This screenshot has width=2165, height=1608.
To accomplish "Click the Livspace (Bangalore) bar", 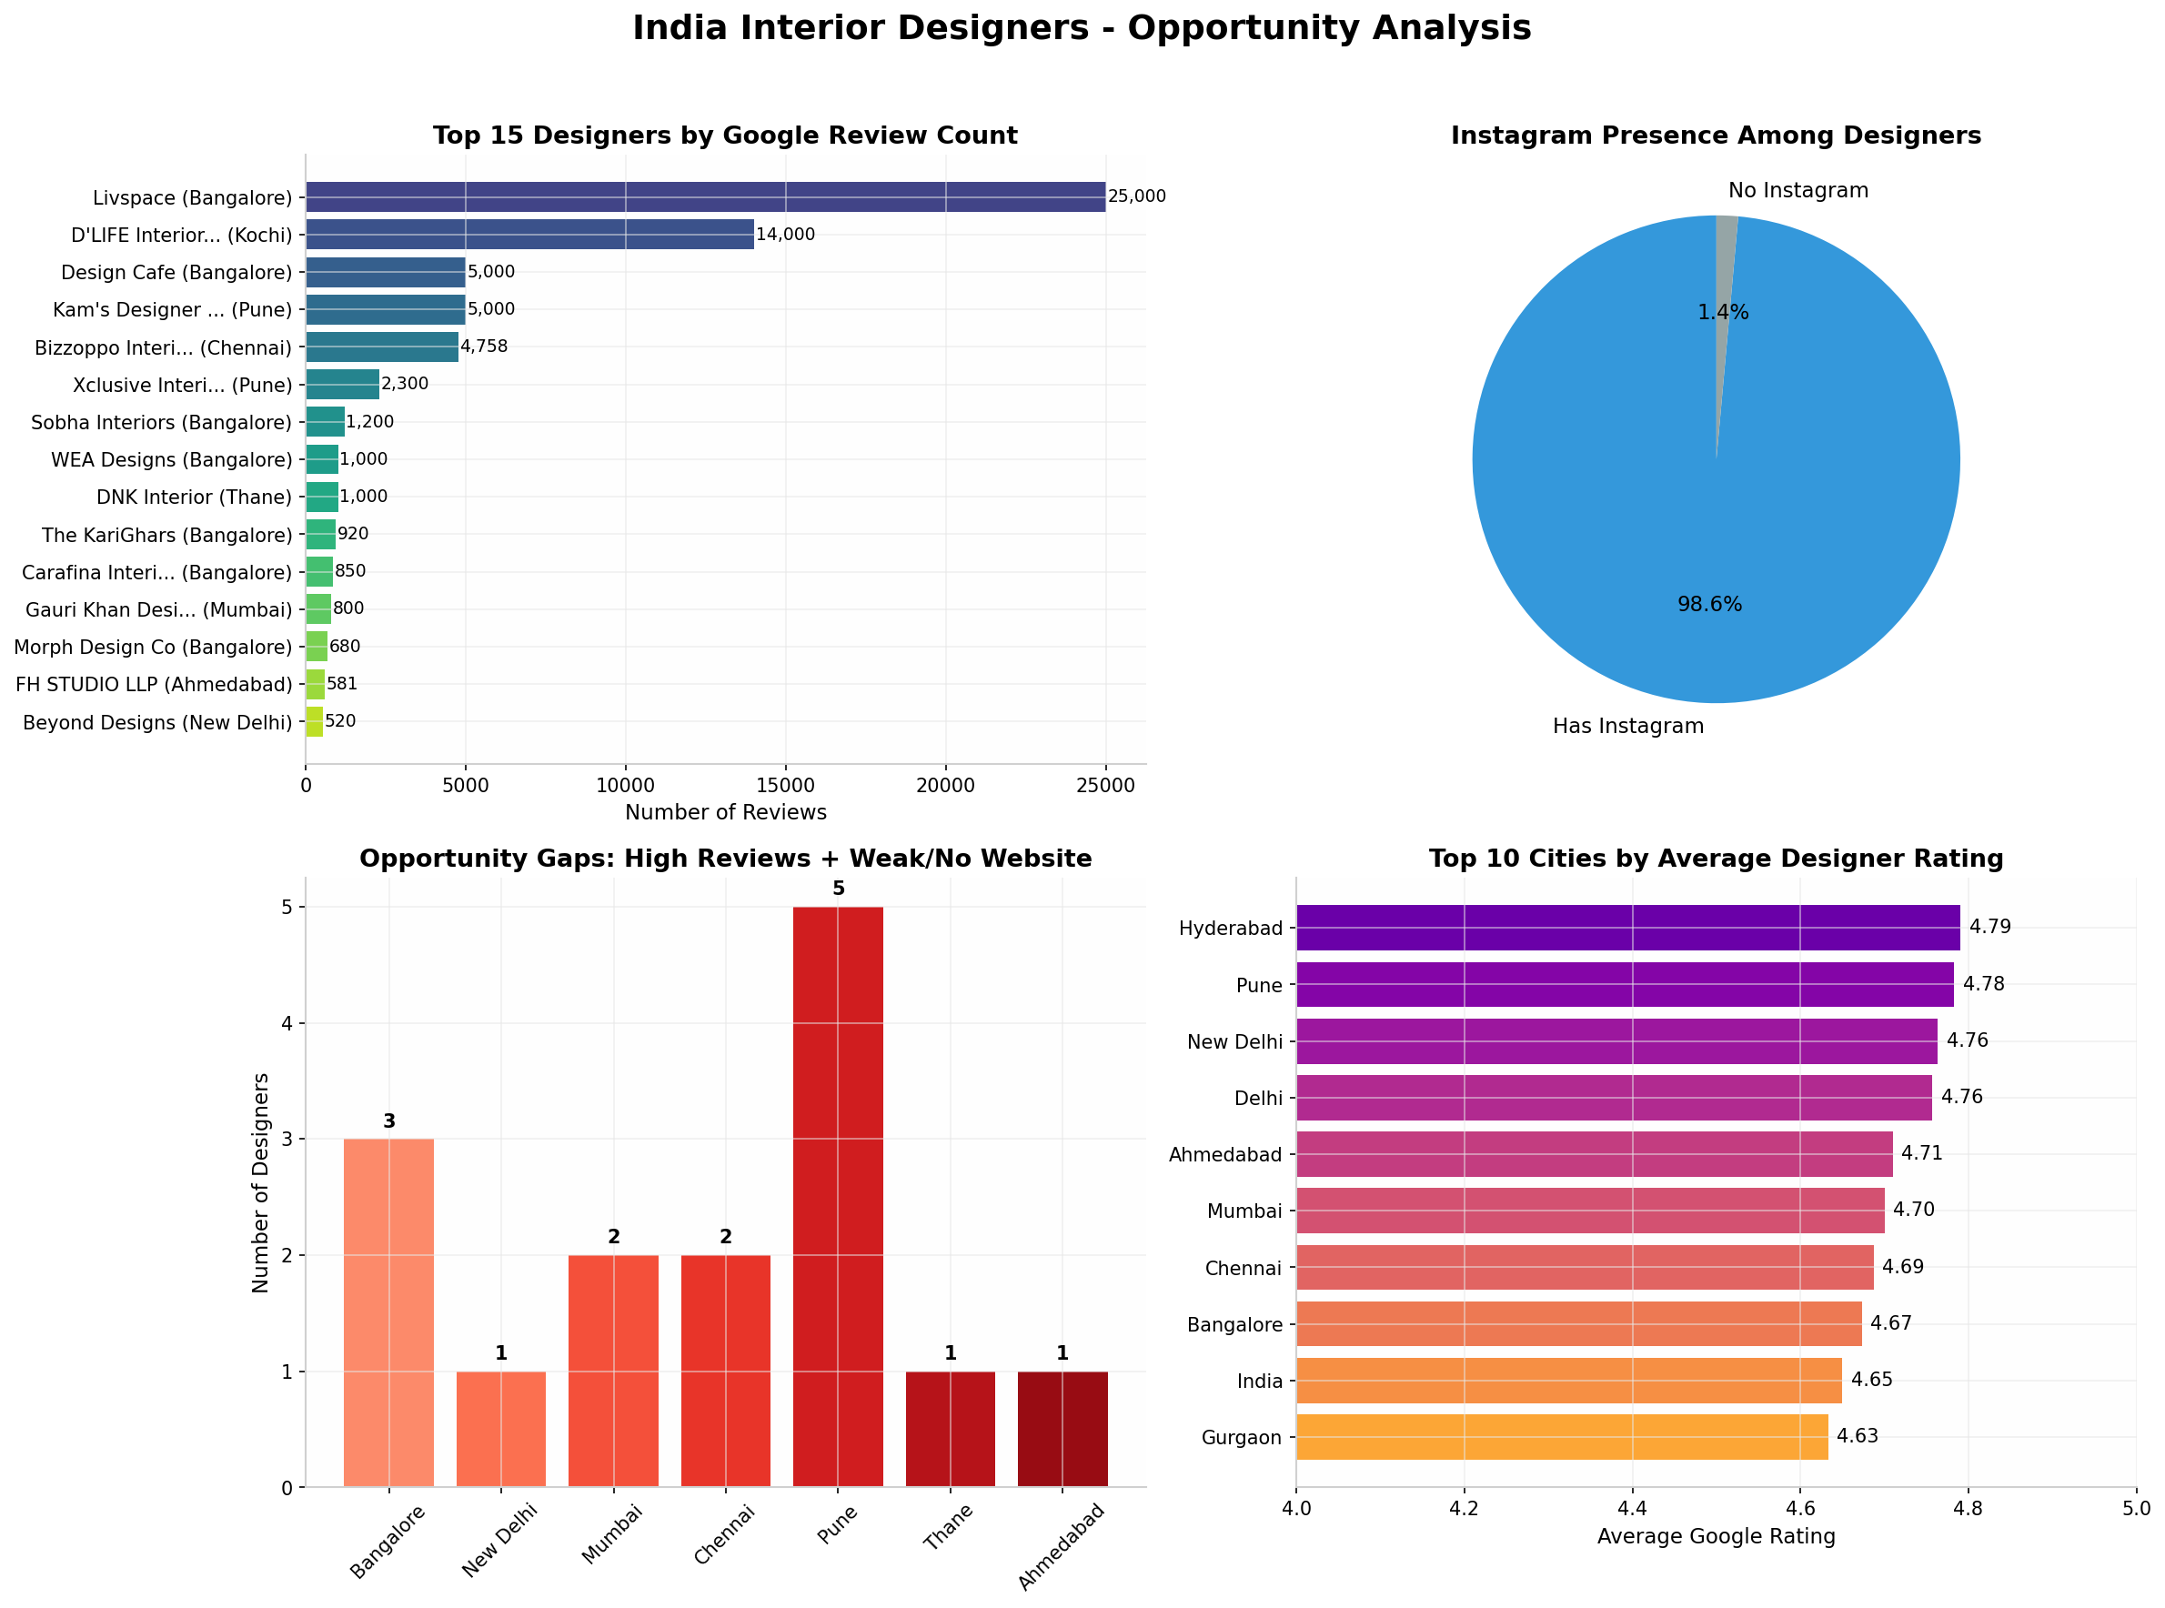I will tap(705, 196).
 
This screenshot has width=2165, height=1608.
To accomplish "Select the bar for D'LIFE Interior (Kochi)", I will tap(529, 235).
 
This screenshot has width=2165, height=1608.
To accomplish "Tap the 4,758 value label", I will tap(484, 347).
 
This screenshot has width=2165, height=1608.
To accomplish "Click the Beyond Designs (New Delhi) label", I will tap(156, 722).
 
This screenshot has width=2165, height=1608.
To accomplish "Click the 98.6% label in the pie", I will tap(1709, 605).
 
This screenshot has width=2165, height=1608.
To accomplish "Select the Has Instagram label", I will tap(1627, 726).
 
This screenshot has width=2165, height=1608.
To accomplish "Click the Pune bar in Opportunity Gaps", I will tap(838, 1196).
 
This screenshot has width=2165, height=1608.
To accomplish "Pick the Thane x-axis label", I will tap(948, 1533).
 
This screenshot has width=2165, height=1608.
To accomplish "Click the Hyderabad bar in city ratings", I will tap(1627, 928).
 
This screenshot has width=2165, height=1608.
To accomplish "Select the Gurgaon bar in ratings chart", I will tap(1562, 1437).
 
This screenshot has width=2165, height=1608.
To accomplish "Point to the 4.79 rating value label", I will tap(1989, 927).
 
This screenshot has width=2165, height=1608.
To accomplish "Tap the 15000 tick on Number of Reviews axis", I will tap(786, 786).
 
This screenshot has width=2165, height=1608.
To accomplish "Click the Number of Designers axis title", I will tap(260, 1182).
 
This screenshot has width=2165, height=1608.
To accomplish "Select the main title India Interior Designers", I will tap(1082, 28).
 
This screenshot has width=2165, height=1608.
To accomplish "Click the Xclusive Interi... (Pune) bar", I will tap(343, 385).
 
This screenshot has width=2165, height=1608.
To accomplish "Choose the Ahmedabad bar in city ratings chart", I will tap(1595, 1153).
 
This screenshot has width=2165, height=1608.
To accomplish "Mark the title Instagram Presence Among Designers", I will tap(1716, 136).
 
